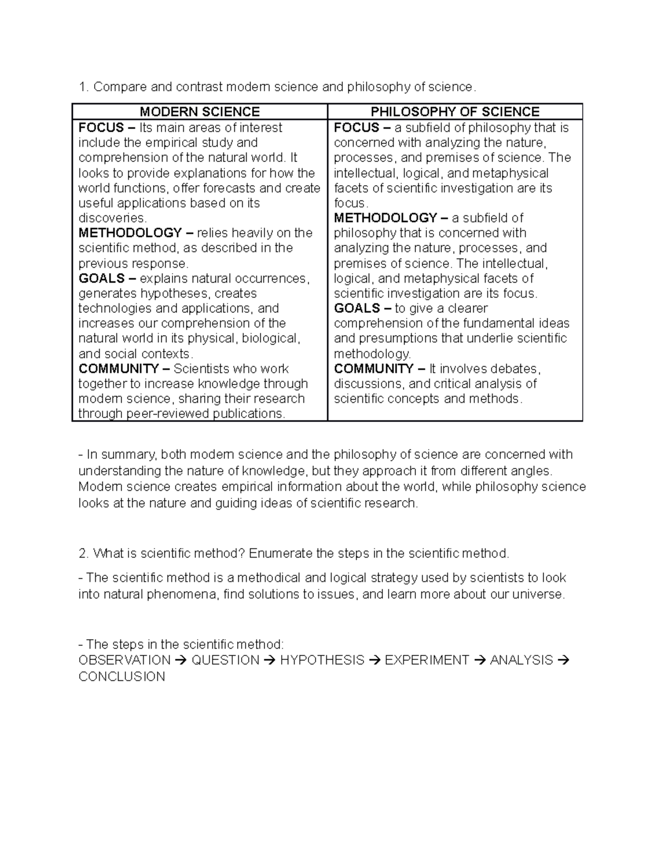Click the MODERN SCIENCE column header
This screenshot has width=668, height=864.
click(x=199, y=112)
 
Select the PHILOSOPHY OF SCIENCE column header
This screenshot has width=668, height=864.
click(x=455, y=112)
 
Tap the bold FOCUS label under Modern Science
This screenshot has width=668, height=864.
click(x=101, y=128)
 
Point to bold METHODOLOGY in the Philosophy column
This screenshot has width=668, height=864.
click(x=385, y=218)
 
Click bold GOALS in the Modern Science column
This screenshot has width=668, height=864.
click(x=101, y=279)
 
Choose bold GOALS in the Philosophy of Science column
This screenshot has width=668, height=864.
click(x=356, y=309)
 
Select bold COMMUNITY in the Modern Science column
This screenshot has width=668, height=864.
click(x=119, y=369)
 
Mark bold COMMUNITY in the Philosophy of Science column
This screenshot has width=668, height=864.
click(x=374, y=369)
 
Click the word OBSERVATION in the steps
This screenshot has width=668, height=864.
click(x=124, y=660)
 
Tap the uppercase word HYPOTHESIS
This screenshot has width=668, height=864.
click(x=322, y=660)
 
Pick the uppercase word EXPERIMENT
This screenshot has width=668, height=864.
click(x=427, y=660)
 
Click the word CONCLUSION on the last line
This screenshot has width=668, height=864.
click(x=121, y=677)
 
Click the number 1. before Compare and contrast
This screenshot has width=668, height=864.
click(x=83, y=87)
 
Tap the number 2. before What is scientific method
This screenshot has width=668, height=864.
click(x=83, y=554)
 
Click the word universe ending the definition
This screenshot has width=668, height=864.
click(x=541, y=595)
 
